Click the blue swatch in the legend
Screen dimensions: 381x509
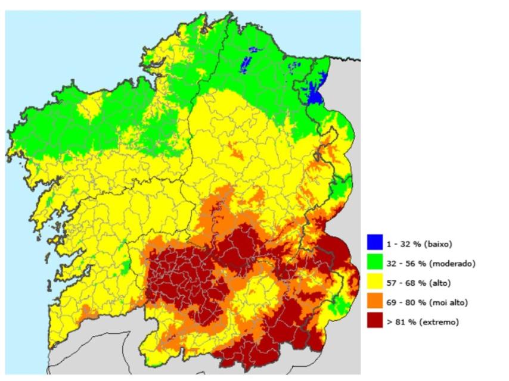tap(375, 242)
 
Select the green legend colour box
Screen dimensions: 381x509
tap(375, 262)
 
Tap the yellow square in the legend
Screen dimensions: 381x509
tap(375, 282)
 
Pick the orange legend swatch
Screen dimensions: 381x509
tap(375, 302)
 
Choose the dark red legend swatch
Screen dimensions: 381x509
tap(375, 321)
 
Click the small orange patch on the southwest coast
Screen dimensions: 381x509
tap(87, 311)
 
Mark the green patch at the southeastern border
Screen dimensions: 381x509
tap(339, 305)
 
